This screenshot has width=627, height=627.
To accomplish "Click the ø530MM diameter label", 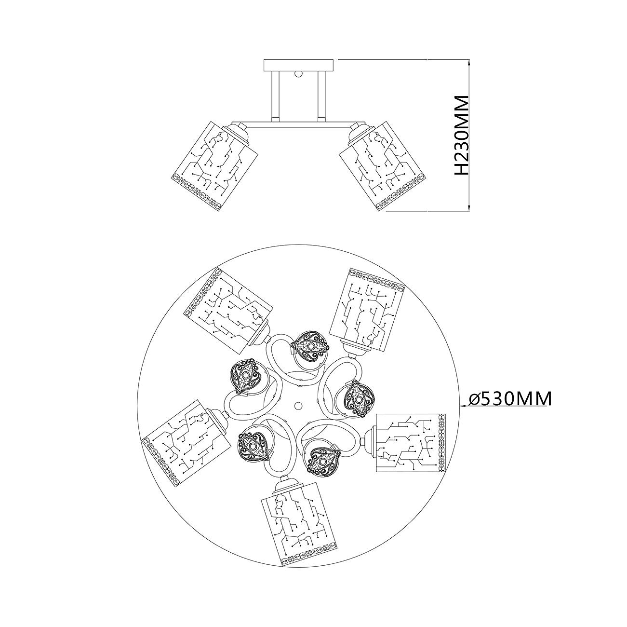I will pos(510,399).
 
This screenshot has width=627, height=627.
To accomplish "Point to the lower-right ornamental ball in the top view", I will pos(324,461).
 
